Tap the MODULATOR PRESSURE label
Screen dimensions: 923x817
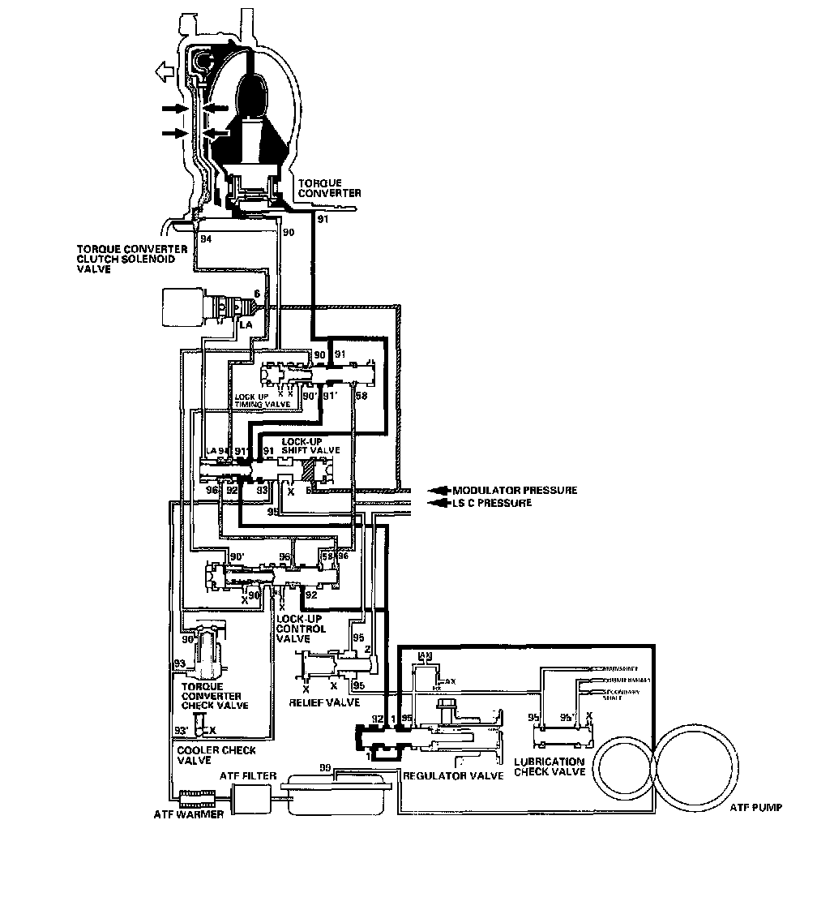click(515, 490)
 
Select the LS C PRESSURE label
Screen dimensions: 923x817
click(492, 503)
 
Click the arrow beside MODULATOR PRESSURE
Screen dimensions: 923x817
click(438, 490)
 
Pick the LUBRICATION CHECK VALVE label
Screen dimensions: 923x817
click(550, 767)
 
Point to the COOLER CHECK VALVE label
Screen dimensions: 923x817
click(208, 755)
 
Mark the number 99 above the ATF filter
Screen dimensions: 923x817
click(325, 767)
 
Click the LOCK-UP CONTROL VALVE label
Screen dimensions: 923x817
click(301, 629)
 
